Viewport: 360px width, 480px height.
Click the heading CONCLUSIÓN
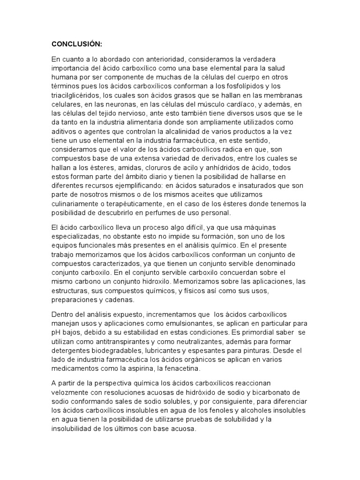click(x=76, y=44)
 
